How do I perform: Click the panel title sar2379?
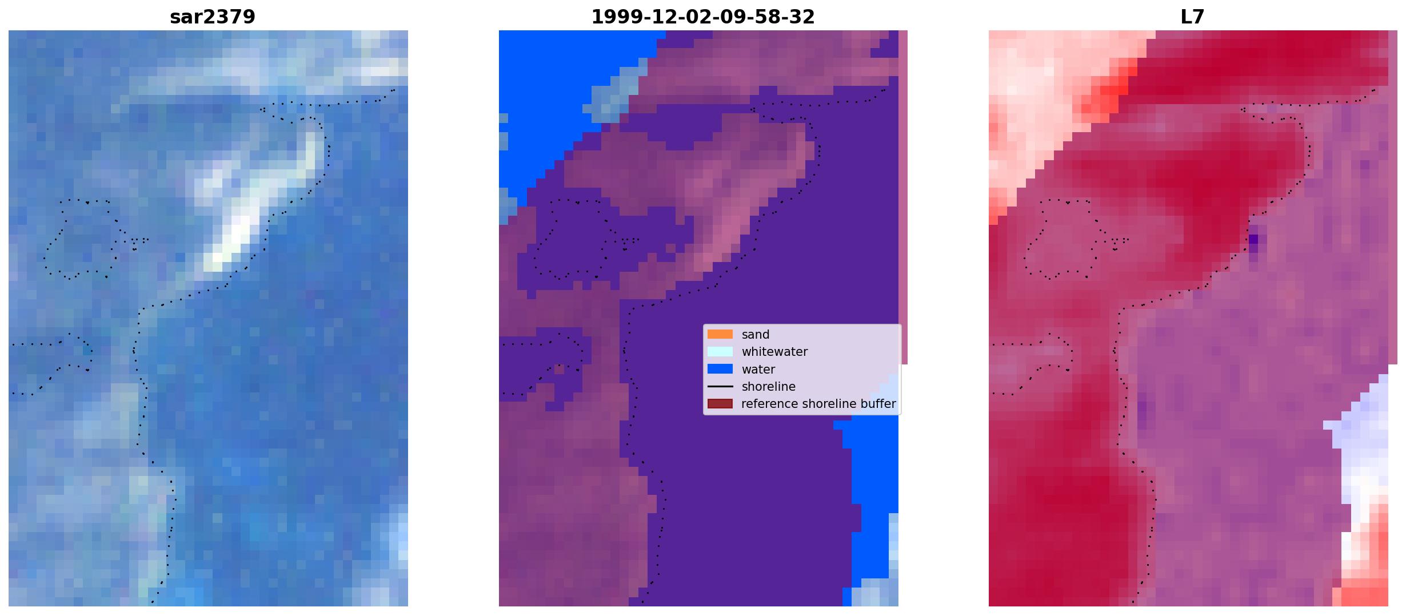(x=213, y=17)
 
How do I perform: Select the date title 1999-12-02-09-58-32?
(x=702, y=17)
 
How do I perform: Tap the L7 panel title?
(x=1192, y=17)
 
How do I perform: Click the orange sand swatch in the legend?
(x=720, y=334)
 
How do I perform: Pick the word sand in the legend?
(x=755, y=335)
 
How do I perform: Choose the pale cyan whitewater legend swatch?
(x=720, y=351)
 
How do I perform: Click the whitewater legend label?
(x=774, y=352)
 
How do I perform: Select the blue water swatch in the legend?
(x=720, y=369)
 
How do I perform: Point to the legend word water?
(x=758, y=370)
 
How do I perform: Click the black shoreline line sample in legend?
(x=720, y=387)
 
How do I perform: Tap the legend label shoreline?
(x=768, y=387)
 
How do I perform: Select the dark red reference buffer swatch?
(x=720, y=404)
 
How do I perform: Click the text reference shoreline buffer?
(x=818, y=404)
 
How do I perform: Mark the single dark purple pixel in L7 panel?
(x=1253, y=239)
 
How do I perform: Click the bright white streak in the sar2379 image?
(x=251, y=200)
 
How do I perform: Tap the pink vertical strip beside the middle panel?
(x=903, y=197)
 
